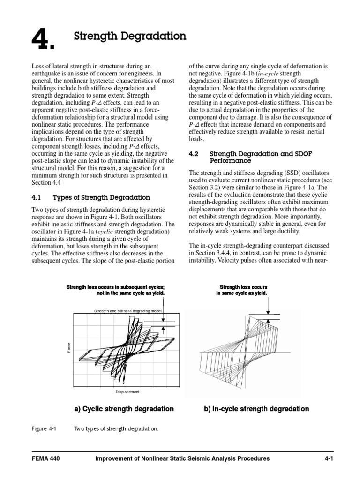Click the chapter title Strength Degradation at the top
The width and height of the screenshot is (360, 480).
[x=130, y=36]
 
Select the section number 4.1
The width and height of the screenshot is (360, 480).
[x=37, y=197]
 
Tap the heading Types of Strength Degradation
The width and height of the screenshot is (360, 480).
[x=101, y=197]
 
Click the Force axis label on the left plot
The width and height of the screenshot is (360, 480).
[x=69, y=348]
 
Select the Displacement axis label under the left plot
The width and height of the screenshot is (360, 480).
[x=127, y=392]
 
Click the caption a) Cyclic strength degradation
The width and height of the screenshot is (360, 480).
[x=124, y=409]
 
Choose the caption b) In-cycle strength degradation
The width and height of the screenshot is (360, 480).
[x=256, y=409]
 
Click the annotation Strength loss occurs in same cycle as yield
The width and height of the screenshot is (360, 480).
[x=242, y=290]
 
